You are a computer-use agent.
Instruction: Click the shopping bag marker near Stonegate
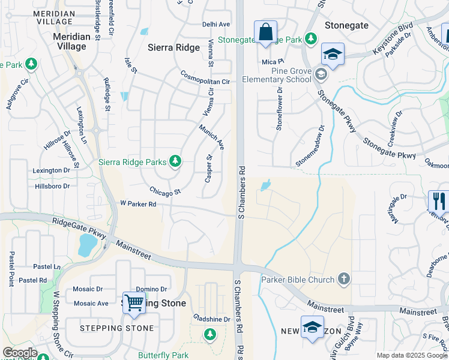click(x=265, y=32)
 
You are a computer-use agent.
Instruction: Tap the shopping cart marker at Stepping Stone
click(x=134, y=304)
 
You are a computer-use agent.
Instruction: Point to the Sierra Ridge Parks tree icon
click(x=175, y=160)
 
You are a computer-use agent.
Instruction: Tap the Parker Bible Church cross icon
click(x=343, y=278)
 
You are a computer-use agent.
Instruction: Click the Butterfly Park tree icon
click(x=209, y=334)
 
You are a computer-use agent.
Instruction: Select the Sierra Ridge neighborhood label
click(x=174, y=47)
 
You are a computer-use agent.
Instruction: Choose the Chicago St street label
click(x=165, y=192)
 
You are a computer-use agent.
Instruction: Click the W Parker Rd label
click(x=139, y=204)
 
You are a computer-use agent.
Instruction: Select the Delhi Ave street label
click(x=216, y=25)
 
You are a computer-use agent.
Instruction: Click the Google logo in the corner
click(x=20, y=353)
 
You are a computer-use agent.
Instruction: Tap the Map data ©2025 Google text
click(x=411, y=355)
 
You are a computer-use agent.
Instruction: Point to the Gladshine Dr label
click(x=212, y=319)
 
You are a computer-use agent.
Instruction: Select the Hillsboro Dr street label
click(x=51, y=186)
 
